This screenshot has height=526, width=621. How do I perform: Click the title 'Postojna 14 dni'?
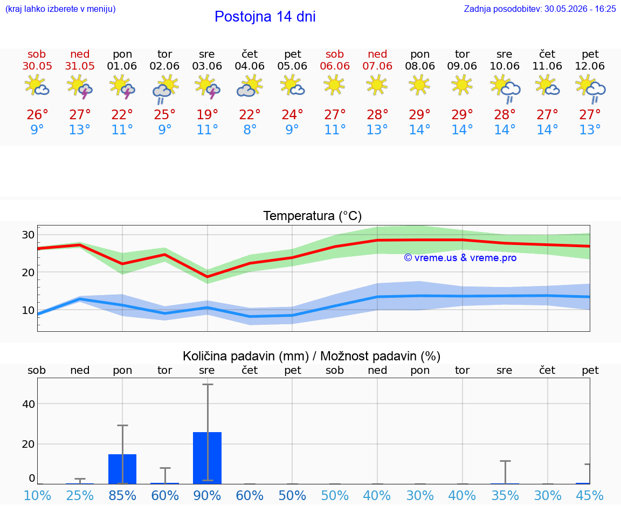pos(265,17)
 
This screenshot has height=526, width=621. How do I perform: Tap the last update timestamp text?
pos(540,9)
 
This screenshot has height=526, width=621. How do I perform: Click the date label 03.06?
pos(207,66)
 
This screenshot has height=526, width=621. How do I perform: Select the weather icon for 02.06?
pos(165,90)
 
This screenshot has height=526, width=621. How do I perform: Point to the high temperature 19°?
pos(207,114)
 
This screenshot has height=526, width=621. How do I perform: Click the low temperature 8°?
pos(250,129)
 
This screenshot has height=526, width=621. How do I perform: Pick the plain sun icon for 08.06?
pos(419,85)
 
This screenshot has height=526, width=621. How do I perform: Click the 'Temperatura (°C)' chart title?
pos(313,216)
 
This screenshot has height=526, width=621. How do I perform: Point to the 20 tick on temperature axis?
pos(28,273)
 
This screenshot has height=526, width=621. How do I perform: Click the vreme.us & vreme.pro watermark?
pos(460,258)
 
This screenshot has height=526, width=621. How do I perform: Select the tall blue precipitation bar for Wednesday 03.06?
pos(207,458)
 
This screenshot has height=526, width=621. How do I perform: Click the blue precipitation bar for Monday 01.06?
pos(122,469)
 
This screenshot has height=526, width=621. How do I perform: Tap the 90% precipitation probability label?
pos(207,495)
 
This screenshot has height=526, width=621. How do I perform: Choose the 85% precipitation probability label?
pos(122,495)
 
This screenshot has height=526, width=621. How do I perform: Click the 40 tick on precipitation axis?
pos(29,404)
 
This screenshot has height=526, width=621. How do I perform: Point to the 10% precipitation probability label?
pos(37,495)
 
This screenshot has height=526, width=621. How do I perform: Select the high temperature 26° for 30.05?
pos(37,114)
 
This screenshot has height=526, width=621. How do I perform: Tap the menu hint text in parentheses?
pos(60,9)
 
